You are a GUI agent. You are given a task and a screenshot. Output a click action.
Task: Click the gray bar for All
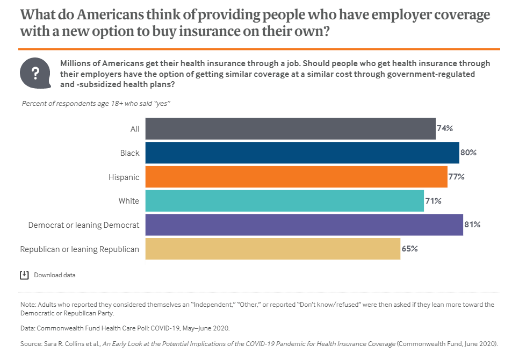[x=290, y=129]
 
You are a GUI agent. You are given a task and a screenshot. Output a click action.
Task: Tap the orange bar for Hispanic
[x=296, y=177]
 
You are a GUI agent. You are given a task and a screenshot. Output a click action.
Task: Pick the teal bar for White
[x=284, y=201]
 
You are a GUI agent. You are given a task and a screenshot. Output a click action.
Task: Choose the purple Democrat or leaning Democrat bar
[x=304, y=225]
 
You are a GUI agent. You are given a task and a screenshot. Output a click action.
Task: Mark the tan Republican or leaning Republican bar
[x=272, y=249]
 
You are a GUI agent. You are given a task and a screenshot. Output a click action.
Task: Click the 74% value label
[x=445, y=129]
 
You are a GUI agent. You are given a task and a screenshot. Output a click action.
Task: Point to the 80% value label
[x=468, y=153]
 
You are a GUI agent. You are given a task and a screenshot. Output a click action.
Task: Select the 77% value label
[x=457, y=177]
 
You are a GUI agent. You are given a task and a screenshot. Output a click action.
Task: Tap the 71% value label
[x=433, y=201]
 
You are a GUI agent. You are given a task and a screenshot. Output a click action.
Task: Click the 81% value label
[x=472, y=225]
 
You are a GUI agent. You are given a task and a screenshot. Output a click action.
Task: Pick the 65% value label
[x=409, y=249]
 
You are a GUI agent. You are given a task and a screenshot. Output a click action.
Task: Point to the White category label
[x=129, y=201]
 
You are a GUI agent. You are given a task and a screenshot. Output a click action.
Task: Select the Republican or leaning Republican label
[x=80, y=249]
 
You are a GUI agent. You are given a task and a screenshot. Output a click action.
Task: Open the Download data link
[x=55, y=275]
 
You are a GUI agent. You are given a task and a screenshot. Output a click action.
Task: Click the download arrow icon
[x=24, y=275]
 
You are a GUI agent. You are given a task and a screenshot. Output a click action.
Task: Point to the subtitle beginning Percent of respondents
[x=96, y=103]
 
